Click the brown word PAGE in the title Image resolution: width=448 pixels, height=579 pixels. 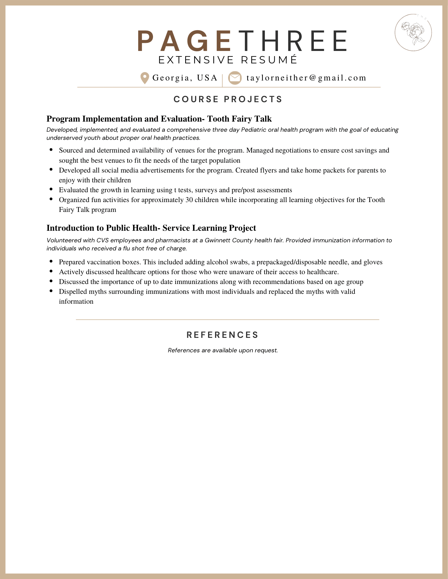tap(184, 41)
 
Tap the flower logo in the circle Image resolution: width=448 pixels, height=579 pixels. tap(413, 32)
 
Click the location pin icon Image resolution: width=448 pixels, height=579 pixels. tap(144, 78)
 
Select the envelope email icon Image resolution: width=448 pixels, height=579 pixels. tap(235, 78)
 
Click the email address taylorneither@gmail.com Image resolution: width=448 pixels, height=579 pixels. tap(306, 78)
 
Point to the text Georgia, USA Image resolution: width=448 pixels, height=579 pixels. tap(185, 78)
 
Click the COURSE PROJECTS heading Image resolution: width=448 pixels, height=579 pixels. tap(228, 99)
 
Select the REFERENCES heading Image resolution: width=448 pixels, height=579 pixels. tap(222, 335)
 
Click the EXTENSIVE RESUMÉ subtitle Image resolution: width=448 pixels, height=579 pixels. tap(228, 60)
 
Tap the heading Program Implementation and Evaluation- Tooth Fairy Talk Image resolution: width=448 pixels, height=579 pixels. tap(159, 119)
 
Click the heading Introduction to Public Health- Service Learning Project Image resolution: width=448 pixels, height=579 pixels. tap(151, 228)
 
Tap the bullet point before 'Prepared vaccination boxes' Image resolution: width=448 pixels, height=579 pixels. tap(51, 261)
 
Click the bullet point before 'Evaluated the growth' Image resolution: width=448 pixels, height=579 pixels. tap(51, 190)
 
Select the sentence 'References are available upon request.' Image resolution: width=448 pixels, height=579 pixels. tap(223, 350)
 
